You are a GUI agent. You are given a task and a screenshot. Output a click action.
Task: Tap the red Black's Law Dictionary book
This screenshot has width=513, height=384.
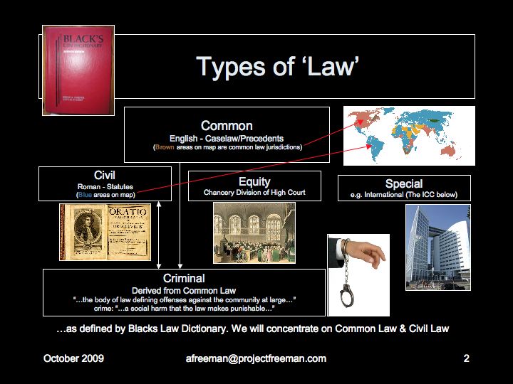pyautogui.click(x=68, y=70)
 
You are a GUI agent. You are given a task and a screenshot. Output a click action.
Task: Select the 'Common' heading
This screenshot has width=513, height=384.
pyautogui.click(x=227, y=126)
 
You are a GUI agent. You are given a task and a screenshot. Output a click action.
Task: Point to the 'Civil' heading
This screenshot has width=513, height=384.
pyautogui.click(x=105, y=175)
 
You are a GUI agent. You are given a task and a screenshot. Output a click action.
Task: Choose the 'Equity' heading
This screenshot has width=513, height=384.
pyautogui.click(x=254, y=181)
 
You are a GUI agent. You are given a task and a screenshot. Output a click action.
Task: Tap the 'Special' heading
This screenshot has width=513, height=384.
pyautogui.click(x=404, y=183)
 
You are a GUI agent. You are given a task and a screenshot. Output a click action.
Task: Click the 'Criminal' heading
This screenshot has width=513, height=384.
pyautogui.click(x=184, y=278)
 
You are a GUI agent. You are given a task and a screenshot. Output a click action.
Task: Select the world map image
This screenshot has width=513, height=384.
pyautogui.click(x=409, y=135)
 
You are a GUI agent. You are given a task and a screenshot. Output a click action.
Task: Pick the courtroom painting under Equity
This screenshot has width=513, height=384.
pyautogui.click(x=254, y=233)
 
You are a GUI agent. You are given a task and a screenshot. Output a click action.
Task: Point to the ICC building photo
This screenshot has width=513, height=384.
pyautogui.click(x=437, y=247)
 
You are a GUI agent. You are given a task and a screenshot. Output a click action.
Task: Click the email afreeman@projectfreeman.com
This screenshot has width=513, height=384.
pyautogui.click(x=256, y=358)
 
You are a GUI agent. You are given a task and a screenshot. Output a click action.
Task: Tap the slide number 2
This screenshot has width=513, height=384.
pyautogui.click(x=466, y=358)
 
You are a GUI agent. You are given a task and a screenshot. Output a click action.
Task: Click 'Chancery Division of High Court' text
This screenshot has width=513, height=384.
pyautogui.click(x=254, y=193)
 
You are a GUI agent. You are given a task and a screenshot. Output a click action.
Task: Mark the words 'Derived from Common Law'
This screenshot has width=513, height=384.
pyautogui.click(x=184, y=289)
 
